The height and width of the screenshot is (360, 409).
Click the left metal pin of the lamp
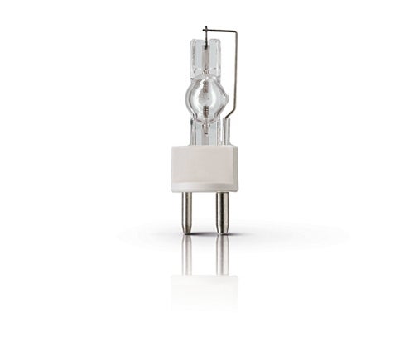(x=188, y=211)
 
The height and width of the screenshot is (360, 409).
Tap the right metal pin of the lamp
(x=221, y=211)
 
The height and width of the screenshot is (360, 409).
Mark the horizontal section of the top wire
(x=219, y=31)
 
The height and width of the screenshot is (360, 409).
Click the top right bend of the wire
(x=236, y=32)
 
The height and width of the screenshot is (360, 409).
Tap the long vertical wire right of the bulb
(x=236, y=83)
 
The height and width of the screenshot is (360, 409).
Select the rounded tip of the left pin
(x=188, y=230)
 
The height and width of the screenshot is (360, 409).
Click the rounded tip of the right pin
(x=221, y=230)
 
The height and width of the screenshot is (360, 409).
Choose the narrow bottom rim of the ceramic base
(x=204, y=189)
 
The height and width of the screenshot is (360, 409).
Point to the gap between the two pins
(x=204, y=211)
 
